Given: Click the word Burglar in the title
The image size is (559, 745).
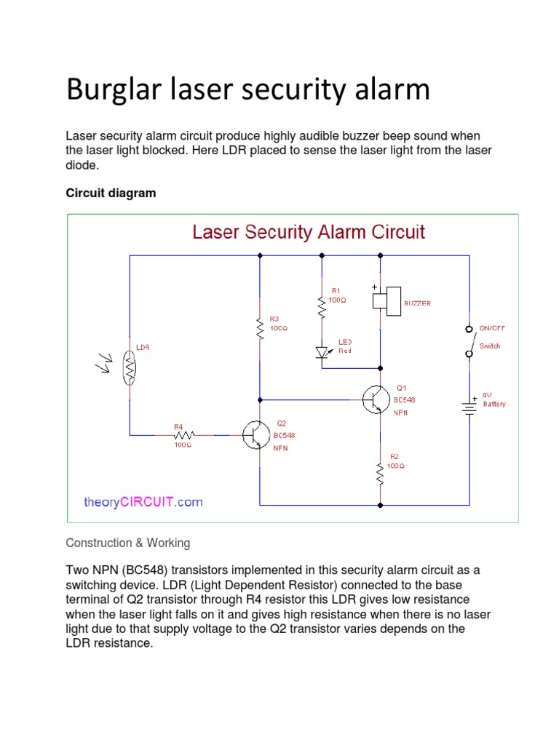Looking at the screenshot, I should click(x=109, y=90).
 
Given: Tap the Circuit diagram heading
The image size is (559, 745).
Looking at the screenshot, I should click(x=111, y=194).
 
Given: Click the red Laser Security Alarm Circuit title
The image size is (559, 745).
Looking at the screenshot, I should click(x=308, y=233).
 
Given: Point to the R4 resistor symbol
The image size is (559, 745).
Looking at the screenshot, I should click(x=183, y=435).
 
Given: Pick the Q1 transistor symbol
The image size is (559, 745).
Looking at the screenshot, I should click(x=376, y=399).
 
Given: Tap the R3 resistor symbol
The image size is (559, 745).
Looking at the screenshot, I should click(x=260, y=327).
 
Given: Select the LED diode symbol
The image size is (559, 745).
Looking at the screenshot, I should click(x=322, y=352).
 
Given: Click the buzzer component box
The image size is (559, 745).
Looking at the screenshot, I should click(x=386, y=301).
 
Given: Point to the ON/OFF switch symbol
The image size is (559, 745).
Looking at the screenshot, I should click(x=469, y=341).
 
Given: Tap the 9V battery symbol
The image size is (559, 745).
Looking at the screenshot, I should click(x=469, y=408).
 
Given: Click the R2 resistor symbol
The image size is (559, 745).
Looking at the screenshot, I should click(x=380, y=474).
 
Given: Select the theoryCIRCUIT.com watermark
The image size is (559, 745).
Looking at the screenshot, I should click(x=143, y=502).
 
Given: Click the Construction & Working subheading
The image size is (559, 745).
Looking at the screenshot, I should click(x=127, y=543).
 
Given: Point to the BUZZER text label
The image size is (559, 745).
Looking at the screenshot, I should click(x=417, y=303).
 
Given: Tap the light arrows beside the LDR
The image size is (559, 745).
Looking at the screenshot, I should click(x=104, y=362).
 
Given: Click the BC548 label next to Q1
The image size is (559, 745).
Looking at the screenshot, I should click(x=405, y=400).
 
